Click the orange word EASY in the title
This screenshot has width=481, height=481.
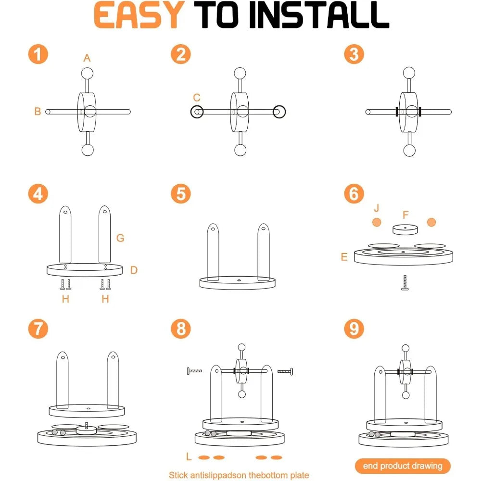pos(139,15)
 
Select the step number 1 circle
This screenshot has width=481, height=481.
pos(38,54)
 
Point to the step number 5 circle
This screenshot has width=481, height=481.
pos(181,193)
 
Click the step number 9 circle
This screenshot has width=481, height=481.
pos(354,329)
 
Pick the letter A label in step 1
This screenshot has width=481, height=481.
pos(87,58)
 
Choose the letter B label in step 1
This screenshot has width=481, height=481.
pos(38,111)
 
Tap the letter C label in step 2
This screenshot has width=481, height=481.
pos(197,98)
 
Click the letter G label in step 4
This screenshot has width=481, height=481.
pos(120,238)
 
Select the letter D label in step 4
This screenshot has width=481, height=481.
pos(134,270)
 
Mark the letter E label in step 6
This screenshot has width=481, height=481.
pos(344,257)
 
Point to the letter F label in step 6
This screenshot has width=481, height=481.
pos(405,215)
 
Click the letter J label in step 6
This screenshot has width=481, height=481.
pos(377,208)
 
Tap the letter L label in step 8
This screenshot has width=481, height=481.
pos(189,456)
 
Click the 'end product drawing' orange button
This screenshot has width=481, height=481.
pos(403,466)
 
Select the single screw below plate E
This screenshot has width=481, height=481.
pos(405,282)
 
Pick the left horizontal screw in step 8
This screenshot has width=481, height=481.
pos(194,371)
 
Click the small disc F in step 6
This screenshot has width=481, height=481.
pos(405,229)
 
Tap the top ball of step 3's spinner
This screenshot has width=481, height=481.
pos(409,73)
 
